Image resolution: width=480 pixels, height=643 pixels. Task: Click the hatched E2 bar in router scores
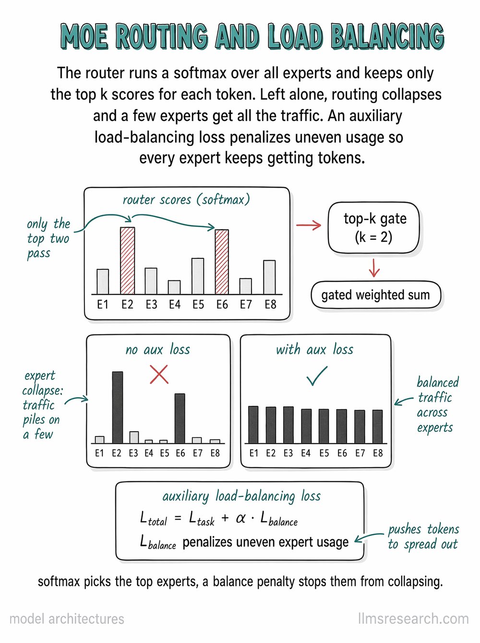(x=128, y=260)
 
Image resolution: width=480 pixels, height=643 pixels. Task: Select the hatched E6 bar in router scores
(x=222, y=262)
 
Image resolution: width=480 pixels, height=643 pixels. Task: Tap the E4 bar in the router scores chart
(x=174, y=287)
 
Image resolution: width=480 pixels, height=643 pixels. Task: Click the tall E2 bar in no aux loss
(x=118, y=408)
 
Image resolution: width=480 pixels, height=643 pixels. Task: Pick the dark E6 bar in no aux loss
(x=180, y=418)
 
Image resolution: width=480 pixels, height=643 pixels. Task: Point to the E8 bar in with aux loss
(x=378, y=426)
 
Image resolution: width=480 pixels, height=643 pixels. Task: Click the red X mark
(x=159, y=375)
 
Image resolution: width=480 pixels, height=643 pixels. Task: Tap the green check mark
(x=317, y=376)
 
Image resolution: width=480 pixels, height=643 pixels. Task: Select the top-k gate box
(x=374, y=228)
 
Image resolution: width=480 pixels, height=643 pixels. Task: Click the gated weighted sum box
(x=376, y=295)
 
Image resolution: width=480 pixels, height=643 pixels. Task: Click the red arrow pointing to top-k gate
(x=309, y=225)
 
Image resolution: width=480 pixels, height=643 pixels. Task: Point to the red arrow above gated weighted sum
(x=374, y=267)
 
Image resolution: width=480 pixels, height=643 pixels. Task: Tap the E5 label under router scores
(x=198, y=304)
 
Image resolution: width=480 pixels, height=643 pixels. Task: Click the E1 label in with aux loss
(x=254, y=453)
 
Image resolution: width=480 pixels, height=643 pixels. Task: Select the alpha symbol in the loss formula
(x=240, y=519)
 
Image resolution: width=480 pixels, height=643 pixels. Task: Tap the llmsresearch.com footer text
(x=414, y=619)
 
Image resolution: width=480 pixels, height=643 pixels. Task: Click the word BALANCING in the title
(x=388, y=37)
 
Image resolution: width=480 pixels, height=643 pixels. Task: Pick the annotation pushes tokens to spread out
(x=423, y=537)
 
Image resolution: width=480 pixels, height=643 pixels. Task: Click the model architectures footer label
(x=67, y=619)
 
